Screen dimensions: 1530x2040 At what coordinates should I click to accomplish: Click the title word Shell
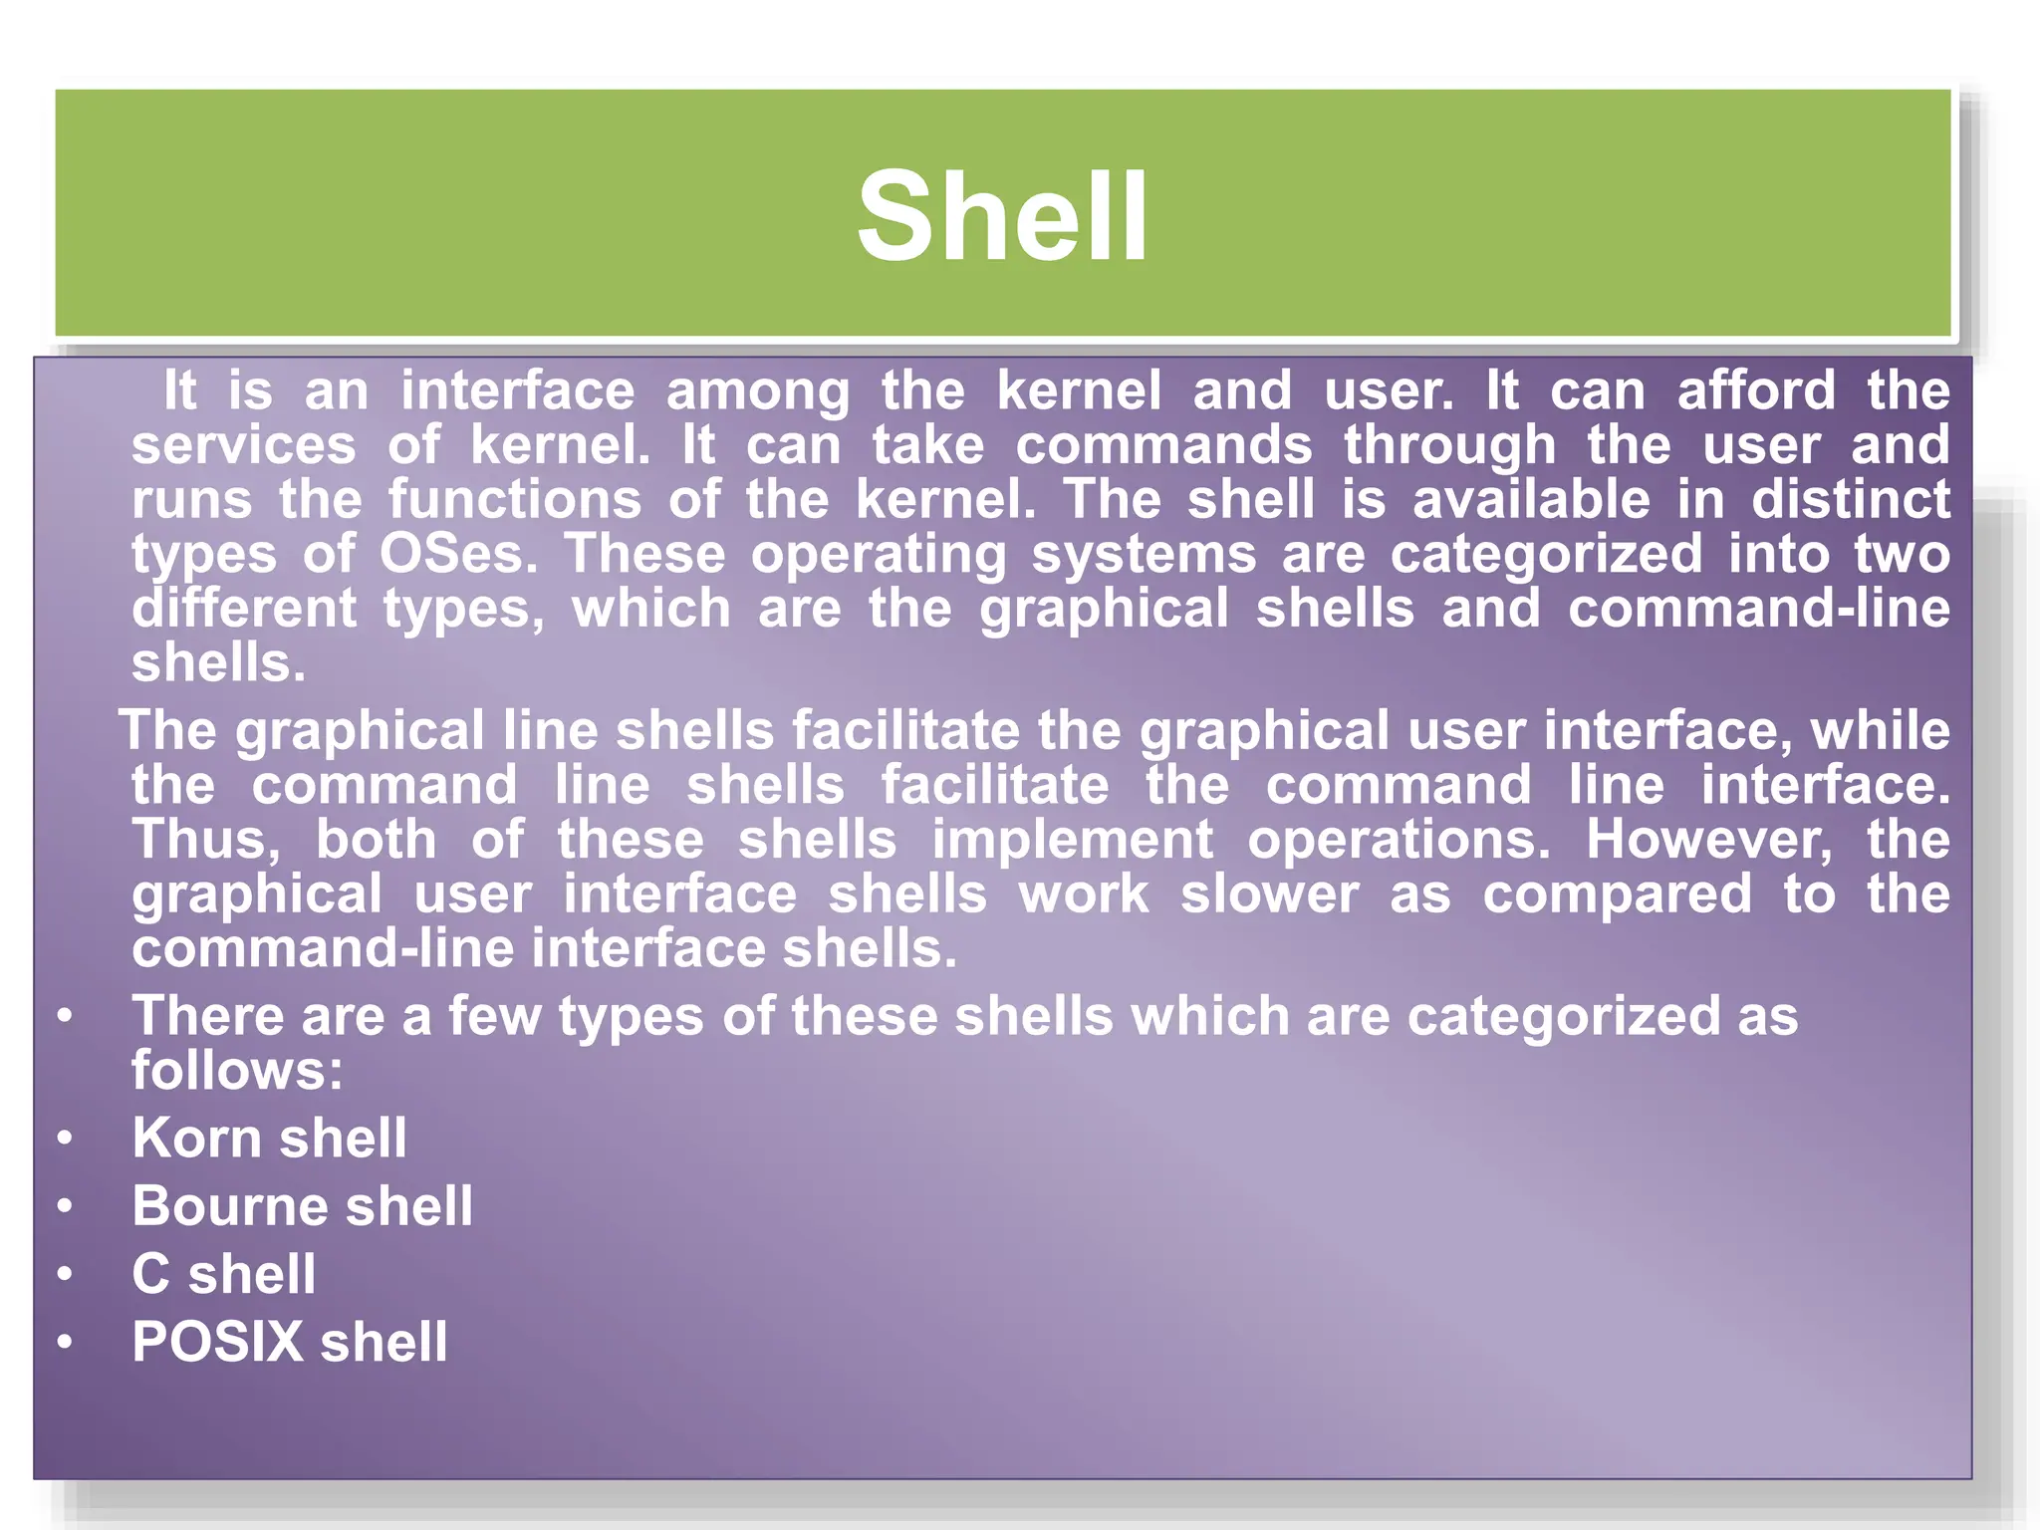(1002, 217)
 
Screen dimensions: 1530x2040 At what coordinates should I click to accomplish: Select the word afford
(1755, 389)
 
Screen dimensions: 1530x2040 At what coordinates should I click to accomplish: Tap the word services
(244, 444)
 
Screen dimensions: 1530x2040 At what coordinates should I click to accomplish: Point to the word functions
(515, 499)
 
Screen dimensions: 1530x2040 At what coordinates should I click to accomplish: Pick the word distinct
(1850, 499)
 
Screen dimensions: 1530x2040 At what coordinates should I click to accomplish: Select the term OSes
(458, 554)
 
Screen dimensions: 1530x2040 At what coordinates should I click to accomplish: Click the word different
(244, 609)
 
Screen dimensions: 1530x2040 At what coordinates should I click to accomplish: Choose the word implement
(1073, 840)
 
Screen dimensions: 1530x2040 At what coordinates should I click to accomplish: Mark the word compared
(1617, 894)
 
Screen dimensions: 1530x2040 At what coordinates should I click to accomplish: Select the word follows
(237, 1071)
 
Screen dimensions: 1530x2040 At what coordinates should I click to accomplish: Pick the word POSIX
(217, 1342)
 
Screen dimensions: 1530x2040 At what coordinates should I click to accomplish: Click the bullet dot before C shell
(65, 1274)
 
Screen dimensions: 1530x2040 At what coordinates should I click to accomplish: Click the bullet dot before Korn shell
(65, 1138)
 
